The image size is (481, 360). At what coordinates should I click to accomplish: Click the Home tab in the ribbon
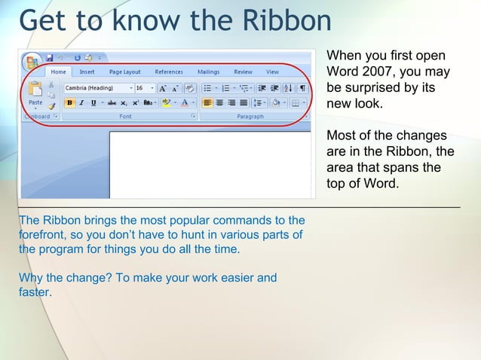pyautogui.click(x=58, y=72)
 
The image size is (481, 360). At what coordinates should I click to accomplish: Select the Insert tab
pyautogui.click(x=87, y=72)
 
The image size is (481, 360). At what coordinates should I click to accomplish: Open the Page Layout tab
pyautogui.click(x=124, y=72)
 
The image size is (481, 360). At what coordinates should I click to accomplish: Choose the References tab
pyautogui.click(x=169, y=72)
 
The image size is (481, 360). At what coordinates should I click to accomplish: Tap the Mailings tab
pyautogui.click(x=208, y=72)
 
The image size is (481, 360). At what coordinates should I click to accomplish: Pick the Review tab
pyautogui.click(x=243, y=72)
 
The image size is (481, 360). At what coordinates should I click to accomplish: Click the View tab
pyautogui.click(x=272, y=72)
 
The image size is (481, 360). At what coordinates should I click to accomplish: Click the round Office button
pyautogui.click(x=32, y=61)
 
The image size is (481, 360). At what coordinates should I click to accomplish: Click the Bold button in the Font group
pyautogui.click(x=69, y=102)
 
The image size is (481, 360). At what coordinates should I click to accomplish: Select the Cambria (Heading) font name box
pyautogui.click(x=93, y=88)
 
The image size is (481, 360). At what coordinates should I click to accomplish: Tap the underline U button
pyautogui.click(x=93, y=102)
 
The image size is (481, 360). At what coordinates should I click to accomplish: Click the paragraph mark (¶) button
pyautogui.click(x=302, y=88)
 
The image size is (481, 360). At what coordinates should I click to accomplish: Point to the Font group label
pyautogui.click(x=125, y=117)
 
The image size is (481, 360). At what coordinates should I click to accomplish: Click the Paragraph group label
pyautogui.click(x=250, y=117)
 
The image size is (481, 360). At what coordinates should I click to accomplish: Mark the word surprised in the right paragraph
pyautogui.click(x=374, y=88)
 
